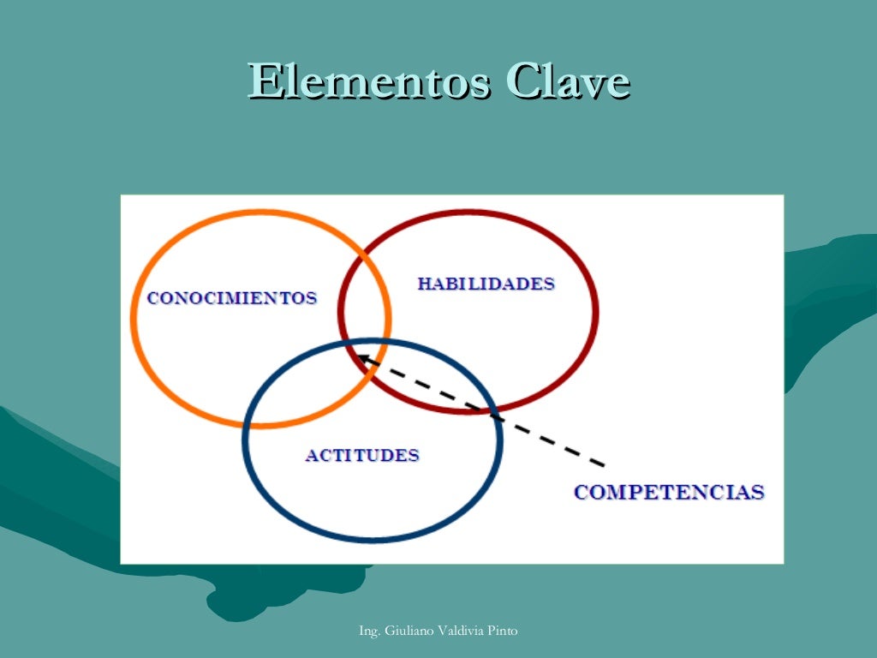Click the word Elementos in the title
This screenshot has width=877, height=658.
[369, 83]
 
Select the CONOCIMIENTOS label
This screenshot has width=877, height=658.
[232, 298]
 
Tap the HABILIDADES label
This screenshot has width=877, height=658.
[486, 284]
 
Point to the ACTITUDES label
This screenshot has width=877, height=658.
[362, 455]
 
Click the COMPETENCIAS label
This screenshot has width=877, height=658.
[669, 493]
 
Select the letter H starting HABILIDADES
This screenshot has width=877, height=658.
[423, 284]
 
